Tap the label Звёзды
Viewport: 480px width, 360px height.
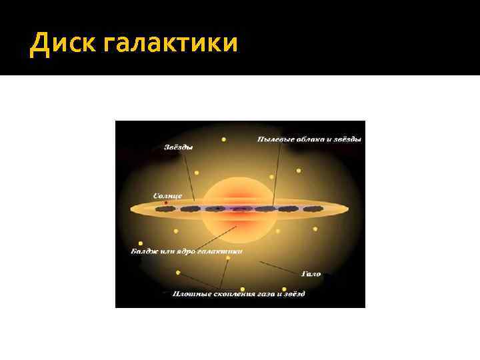point(179,147)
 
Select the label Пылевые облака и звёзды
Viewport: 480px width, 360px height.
point(309,139)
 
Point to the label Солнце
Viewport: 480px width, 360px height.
point(167,195)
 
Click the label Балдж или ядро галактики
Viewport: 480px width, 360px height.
point(185,251)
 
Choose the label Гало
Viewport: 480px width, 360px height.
point(311,273)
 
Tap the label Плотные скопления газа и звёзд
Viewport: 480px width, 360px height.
point(239,293)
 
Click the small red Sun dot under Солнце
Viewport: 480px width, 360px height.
point(165,203)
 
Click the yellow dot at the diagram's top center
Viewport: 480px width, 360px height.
point(223,140)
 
